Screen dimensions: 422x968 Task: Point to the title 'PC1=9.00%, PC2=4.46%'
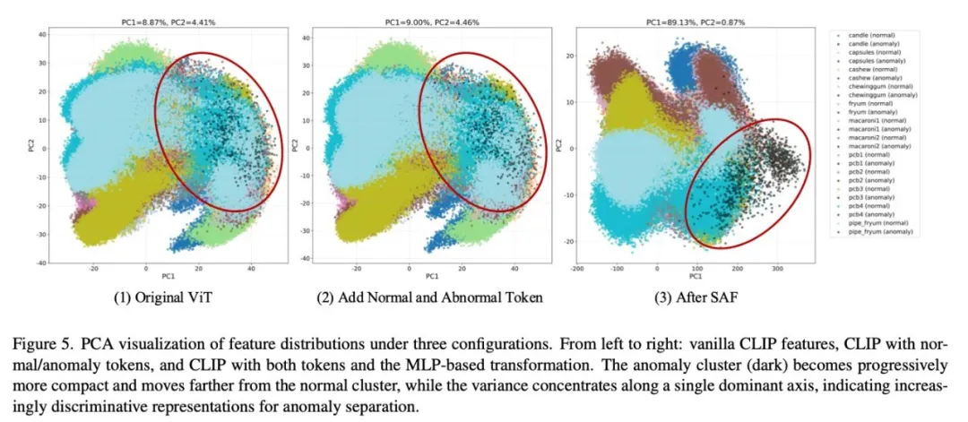[431, 20]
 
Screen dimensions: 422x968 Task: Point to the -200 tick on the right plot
[578, 267]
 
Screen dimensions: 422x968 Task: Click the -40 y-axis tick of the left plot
[40, 263]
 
